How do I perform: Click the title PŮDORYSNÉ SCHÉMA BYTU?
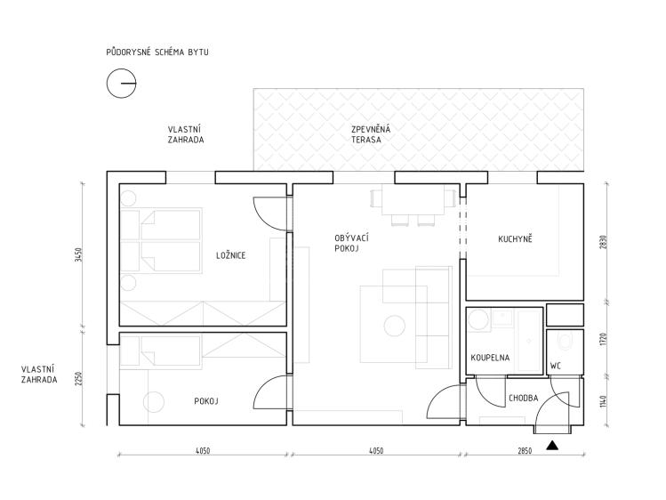click(x=157, y=52)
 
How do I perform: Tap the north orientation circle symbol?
click(x=121, y=84)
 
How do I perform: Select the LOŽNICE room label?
click(x=230, y=255)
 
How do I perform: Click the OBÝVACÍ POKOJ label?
click(x=352, y=243)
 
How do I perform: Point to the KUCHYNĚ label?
click(x=515, y=238)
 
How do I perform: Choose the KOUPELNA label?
click(x=490, y=358)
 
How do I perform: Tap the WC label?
click(x=556, y=366)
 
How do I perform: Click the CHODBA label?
click(x=523, y=398)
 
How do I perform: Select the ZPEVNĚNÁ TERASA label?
click(x=371, y=134)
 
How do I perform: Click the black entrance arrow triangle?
click(x=552, y=445)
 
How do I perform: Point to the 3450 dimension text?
click(x=77, y=254)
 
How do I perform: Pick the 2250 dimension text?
click(x=77, y=378)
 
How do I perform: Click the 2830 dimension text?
click(x=605, y=243)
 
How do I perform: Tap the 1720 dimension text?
click(x=605, y=340)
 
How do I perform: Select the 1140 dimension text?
click(x=605, y=401)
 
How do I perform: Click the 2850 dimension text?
click(x=525, y=451)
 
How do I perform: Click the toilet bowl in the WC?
click(x=565, y=341)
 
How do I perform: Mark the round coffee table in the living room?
click(x=394, y=326)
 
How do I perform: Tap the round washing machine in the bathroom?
click(x=478, y=320)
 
